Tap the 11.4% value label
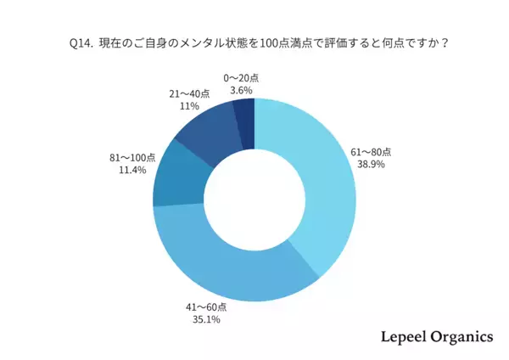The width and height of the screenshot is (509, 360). pos(134,170)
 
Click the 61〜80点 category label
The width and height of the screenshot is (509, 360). pos(373,152)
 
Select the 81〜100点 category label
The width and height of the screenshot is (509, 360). pos(132,157)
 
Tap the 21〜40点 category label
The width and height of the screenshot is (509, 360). pos(188,94)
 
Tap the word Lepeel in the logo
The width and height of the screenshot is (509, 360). pos(400,336)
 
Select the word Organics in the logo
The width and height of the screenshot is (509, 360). pos(461,337)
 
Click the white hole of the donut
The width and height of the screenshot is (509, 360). pos(255,200)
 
